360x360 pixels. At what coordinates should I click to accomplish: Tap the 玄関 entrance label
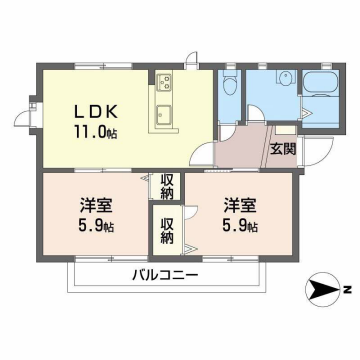pos(282,150)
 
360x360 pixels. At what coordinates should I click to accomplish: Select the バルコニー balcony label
pos(165,275)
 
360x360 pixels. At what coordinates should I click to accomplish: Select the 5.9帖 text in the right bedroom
pos(240,228)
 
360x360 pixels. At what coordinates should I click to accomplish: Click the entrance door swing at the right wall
pos(312,156)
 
